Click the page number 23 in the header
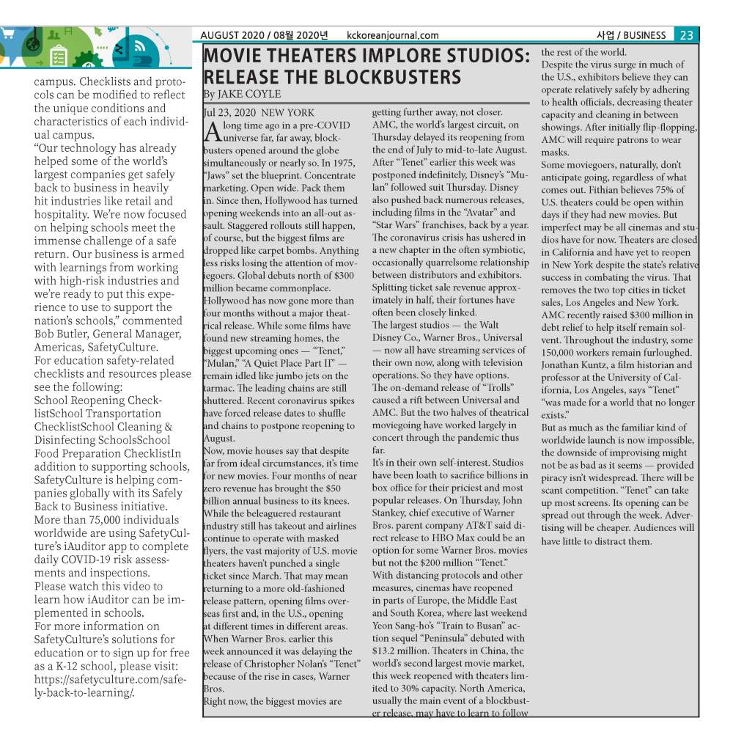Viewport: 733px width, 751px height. pyautogui.click(x=687, y=35)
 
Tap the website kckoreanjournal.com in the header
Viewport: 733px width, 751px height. pyautogui.click(x=393, y=35)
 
